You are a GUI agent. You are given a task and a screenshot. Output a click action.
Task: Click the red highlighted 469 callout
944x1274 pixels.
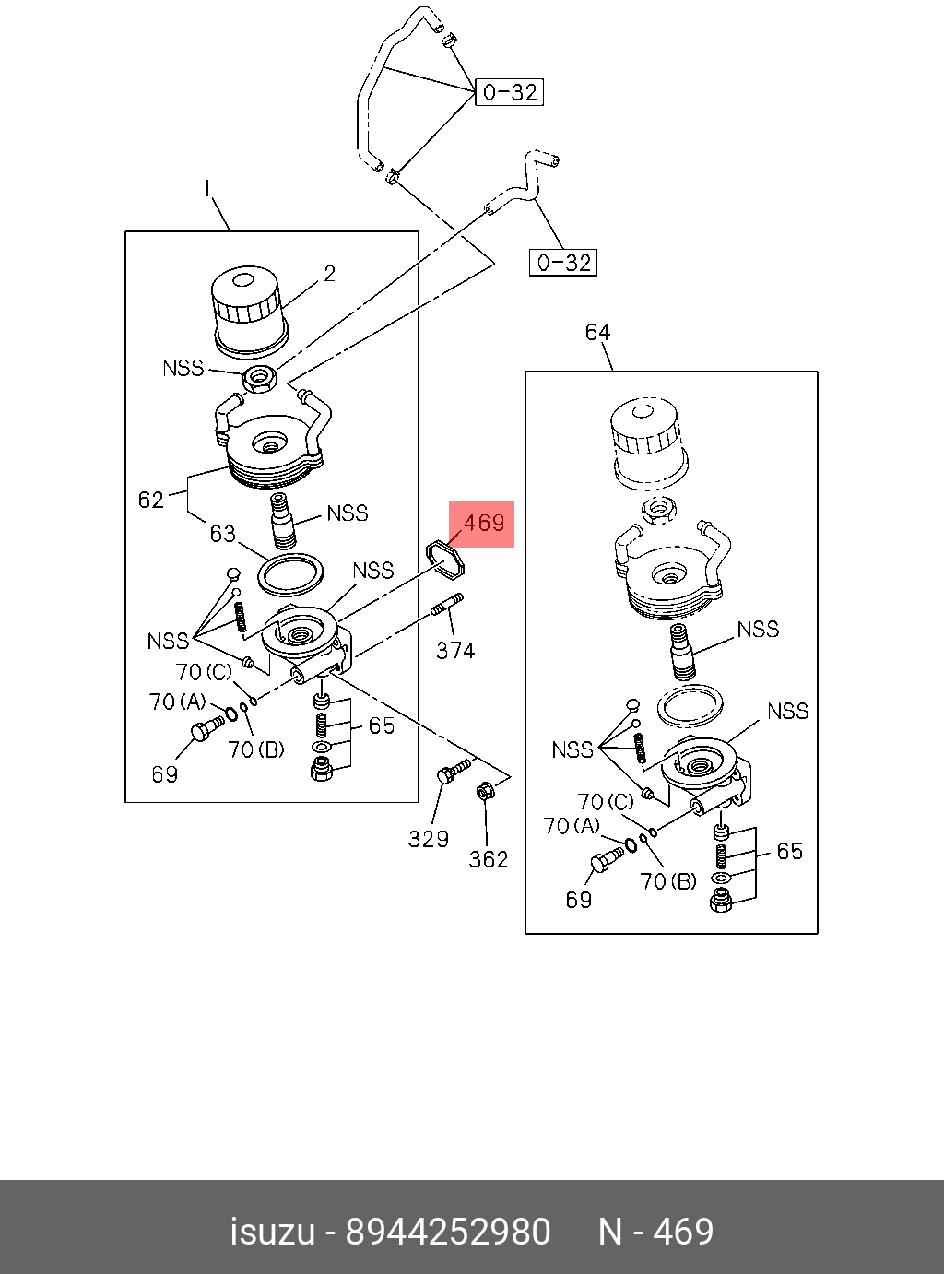tap(482, 524)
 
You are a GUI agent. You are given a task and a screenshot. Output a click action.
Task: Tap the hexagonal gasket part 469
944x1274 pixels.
tap(444, 559)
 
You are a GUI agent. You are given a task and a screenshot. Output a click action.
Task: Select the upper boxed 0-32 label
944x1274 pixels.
tap(509, 92)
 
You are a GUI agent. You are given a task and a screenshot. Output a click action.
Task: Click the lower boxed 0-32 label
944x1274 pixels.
tap(563, 263)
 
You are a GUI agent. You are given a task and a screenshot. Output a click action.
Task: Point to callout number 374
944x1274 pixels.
tap(455, 650)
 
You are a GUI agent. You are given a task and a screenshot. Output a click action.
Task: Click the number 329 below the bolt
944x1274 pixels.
tap(429, 839)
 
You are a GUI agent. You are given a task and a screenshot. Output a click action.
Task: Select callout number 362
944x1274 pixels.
tap(489, 859)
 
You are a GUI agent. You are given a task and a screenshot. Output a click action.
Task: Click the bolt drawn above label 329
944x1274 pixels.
tap(452, 770)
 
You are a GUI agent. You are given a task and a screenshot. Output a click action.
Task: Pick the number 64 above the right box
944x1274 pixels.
tap(598, 332)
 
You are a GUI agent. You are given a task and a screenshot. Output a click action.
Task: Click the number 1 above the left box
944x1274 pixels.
tap(208, 189)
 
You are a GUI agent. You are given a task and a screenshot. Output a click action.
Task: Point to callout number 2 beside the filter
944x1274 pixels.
tap(329, 274)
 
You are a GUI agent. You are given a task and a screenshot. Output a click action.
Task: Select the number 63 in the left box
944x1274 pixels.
tap(222, 534)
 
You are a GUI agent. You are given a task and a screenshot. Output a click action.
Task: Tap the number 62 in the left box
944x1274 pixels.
tap(150, 500)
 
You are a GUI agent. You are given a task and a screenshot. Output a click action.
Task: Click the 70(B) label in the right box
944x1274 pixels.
tap(668, 881)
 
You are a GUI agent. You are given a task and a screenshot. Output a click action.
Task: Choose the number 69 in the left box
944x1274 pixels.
tap(164, 774)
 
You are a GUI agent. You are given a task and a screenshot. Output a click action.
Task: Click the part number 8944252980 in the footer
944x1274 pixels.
tap(447, 1232)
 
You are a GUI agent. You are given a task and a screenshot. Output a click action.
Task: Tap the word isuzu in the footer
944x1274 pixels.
tap(272, 1232)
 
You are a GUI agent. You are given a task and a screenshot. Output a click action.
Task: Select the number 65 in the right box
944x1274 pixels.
tap(789, 851)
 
